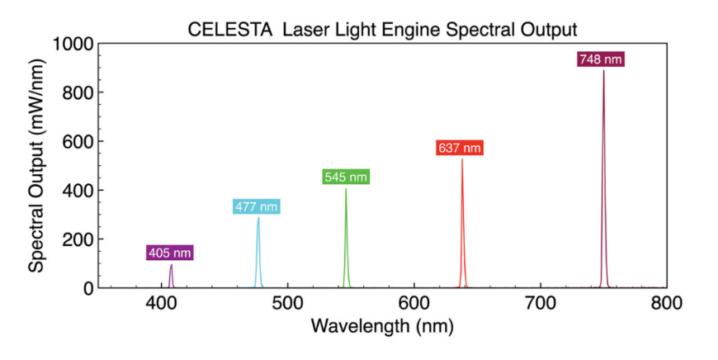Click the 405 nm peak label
pos(170,253)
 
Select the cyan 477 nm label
pos(256,207)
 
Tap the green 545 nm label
pos(345,177)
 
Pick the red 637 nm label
pos(459,148)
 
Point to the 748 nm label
pos(601,59)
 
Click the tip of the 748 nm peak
pos(603,71)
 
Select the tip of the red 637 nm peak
pos(462,159)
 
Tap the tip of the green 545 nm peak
pos(346,189)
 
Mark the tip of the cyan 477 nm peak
pos(258,218)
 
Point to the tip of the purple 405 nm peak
pos(171,265)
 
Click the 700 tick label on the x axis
pos(540,304)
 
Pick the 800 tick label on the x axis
pos(666,304)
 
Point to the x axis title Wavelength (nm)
pos(382,327)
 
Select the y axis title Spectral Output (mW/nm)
pos(37,165)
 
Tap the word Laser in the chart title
pos(303,29)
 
